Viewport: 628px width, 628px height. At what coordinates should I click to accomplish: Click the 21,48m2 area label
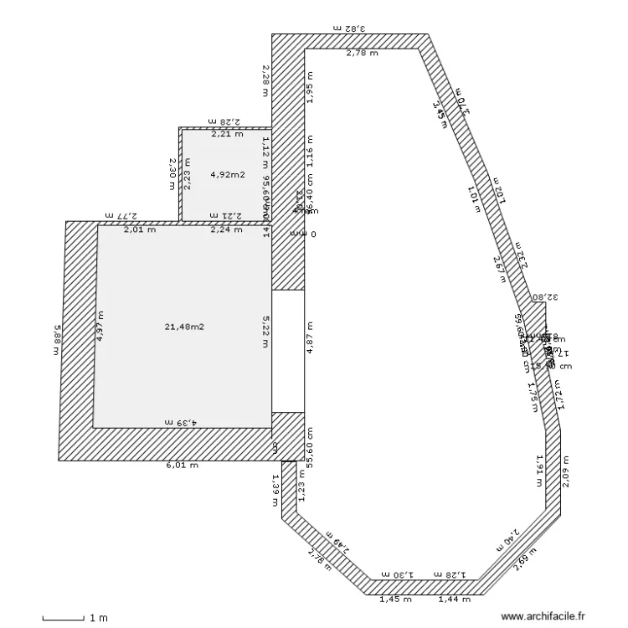(x=185, y=326)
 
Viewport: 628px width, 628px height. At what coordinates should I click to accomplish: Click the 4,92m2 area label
(x=227, y=175)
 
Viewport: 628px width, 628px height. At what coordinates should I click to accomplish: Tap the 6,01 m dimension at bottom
(x=182, y=466)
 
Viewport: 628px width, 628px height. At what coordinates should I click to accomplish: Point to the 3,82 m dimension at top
(x=350, y=28)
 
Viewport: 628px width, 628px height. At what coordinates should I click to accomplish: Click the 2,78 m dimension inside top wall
(x=362, y=54)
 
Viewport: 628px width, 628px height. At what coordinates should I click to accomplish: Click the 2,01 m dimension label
(x=140, y=229)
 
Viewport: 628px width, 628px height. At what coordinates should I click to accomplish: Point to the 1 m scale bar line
(x=63, y=619)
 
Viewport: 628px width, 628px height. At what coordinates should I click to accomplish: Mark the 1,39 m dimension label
(x=275, y=491)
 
